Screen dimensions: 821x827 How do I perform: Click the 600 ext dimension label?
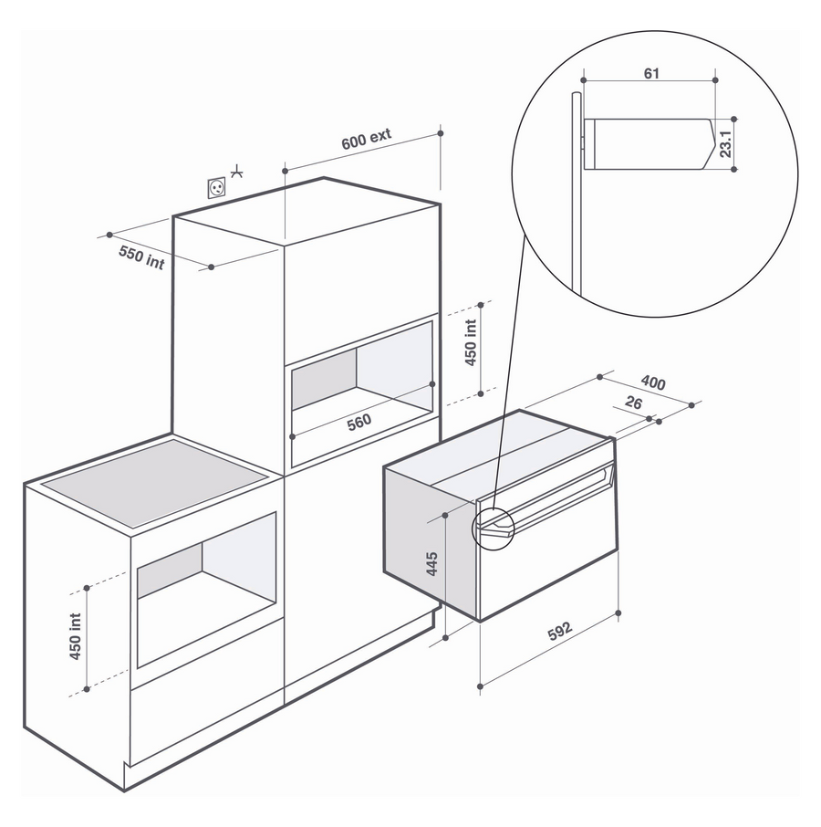coord(366,139)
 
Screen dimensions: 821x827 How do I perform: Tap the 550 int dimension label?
coord(141,257)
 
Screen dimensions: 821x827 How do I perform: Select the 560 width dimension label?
coord(359,422)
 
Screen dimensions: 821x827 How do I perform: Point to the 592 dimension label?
coord(559,631)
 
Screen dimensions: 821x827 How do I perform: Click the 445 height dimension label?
coord(431,563)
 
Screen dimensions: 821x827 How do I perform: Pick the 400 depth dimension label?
coord(653,382)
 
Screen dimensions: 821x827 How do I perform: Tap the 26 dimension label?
coord(633,403)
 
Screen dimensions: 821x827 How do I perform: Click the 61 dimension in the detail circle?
coord(652,73)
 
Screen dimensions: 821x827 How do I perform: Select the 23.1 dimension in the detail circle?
coord(725,144)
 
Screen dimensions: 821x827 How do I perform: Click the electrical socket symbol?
coord(216,187)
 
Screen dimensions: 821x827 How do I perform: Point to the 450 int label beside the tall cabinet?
coord(471,342)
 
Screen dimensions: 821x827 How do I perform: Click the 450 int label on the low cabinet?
coord(76,636)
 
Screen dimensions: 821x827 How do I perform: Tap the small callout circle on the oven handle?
coord(493,529)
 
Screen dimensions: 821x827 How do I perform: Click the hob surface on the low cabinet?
coord(155,482)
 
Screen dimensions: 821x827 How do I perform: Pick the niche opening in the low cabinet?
coord(206,589)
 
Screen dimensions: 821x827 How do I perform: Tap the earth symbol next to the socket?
coord(237,172)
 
